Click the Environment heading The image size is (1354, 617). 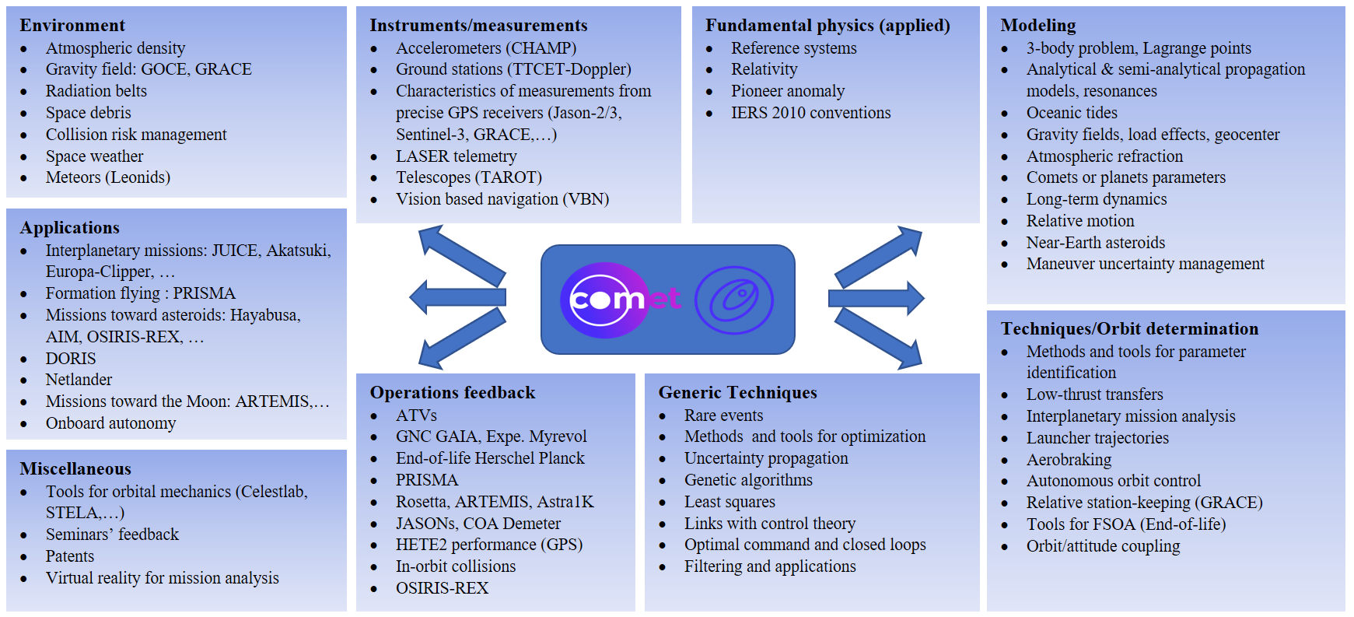[72, 26]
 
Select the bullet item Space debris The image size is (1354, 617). [88, 113]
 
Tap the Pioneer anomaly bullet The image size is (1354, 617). [787, 91]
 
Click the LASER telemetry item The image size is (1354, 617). [456, 156]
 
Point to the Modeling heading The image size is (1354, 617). [1037, 26]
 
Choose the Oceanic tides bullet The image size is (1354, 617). [1071, 113]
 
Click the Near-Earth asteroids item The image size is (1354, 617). [1095, 243]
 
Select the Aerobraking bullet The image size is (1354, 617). [1069, 460]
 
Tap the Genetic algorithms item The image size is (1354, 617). [748, 480]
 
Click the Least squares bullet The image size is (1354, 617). [729, 502]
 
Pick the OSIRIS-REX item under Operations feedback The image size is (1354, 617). [442, 588]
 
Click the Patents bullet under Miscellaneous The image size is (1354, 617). [69, 556]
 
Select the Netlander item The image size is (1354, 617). [79, 380]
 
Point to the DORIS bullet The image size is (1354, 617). [71, 359]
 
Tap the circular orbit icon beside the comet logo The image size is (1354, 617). [733, 300]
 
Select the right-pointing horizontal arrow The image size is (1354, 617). [876, 298]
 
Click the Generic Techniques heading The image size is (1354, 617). [737, 393]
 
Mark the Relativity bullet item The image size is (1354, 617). [764, 69]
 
